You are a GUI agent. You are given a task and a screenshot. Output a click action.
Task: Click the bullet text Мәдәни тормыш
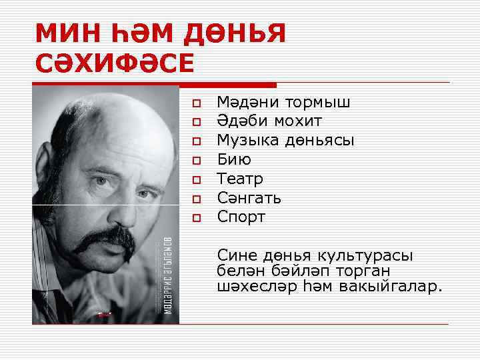[x=283, y=103]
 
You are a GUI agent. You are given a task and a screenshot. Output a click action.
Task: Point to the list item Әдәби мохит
[x=269, y=121]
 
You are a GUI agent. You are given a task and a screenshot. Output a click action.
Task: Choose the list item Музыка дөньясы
[x=285, y=141]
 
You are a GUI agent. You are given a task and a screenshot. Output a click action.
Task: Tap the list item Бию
[x=234, y=160]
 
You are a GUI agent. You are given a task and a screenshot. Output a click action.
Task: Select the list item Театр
[x=240, y=179]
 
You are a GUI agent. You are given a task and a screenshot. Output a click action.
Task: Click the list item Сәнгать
[x=249, y=198]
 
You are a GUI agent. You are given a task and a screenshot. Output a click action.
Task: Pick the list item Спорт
[x=241, y=217]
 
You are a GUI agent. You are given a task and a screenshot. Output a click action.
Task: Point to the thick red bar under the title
[x=154, y=85]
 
